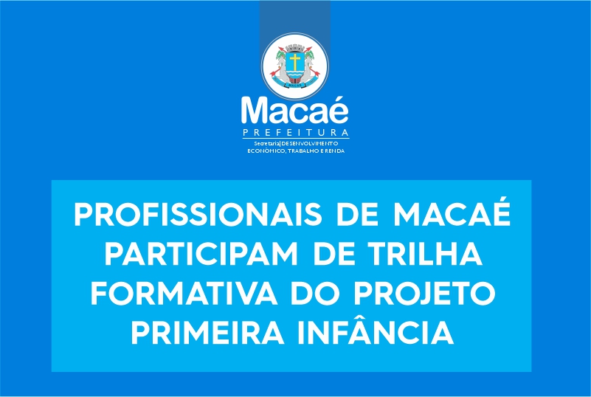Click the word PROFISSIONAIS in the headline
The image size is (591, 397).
(198, 214)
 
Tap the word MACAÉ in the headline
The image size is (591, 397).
(452, 212)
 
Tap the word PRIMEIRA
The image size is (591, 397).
(207, 333)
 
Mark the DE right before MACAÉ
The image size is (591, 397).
(358, 214)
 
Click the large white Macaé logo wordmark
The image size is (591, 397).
(295, 110)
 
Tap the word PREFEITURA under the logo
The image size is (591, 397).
(295, 133)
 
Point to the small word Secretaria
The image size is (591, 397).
(266, 144)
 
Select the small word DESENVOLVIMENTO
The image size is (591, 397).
(309, 144)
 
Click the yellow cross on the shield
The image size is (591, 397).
(294, 62)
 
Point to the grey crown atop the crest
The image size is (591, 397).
(294, 48)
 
